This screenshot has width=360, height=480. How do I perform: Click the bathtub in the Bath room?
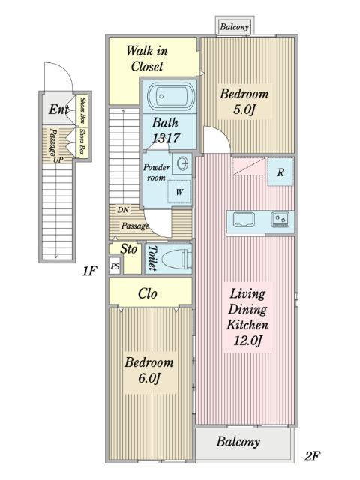[171, 97]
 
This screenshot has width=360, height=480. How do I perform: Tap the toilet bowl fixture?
[175, 259]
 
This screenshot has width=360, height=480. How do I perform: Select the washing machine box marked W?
[179, 192]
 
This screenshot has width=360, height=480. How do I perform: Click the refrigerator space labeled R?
[280, 172]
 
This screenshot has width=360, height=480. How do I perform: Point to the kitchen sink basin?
[244, 220]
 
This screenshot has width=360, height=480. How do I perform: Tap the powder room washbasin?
[181, 163]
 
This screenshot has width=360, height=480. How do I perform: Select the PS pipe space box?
[115, 266]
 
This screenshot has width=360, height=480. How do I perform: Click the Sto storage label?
[128, 249]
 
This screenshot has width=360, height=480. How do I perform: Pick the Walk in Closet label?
[147, 58]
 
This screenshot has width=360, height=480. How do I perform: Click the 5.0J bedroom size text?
[244, 109]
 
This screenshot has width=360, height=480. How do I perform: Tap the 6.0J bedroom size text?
[149, 378]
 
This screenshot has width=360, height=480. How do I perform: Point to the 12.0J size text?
[248, 340]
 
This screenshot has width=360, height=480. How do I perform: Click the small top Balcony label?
[234, 27]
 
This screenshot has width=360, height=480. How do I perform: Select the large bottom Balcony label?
[238, 442]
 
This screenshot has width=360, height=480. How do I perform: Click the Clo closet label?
[148, 293]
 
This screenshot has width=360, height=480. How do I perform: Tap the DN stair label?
[123, 210]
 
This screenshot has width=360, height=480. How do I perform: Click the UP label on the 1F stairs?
[58, 160]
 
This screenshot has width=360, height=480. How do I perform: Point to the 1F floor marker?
[89, 271]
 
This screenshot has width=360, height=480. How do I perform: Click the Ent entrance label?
[58, 109]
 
